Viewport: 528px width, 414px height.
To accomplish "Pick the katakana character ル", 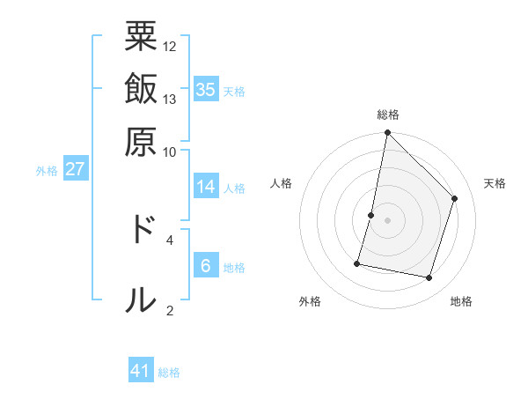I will (x=141, y=299).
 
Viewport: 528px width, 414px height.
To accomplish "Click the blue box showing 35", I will (x=206, y=90).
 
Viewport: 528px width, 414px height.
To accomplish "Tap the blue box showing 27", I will (x=74, y=169).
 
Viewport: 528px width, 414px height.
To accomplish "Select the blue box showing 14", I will (x=206, y=187).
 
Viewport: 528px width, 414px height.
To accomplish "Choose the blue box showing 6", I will (x=206, y=266).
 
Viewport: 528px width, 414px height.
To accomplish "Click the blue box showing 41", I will (x=141, y=371).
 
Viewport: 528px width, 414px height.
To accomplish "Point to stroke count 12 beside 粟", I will (x=170, y=45).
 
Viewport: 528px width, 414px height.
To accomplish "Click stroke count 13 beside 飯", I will (x=170, y=99).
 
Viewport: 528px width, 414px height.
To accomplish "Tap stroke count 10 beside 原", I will (x=170, y=152).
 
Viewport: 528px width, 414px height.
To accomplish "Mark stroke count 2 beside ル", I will (x=170, y=310).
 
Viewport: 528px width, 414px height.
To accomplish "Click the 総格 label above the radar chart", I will (x=387, y=115).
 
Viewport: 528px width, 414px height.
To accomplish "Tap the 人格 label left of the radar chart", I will (x=282, y=183).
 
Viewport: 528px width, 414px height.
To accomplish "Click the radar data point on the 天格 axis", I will (x=455, y=198).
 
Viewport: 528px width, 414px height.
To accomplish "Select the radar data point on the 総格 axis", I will (x=387, y=133).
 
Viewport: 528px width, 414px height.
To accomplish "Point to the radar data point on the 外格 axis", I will (x=357, y=262).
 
